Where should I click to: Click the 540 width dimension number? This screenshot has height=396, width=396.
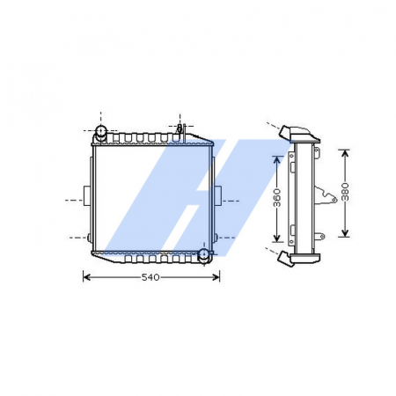[x=150, y=278]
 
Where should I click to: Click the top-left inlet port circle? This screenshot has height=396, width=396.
[x=101, y=133]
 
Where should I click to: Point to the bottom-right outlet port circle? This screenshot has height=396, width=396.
[x=204, y=255]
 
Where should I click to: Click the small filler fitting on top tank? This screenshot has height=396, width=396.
[x=180, y=130]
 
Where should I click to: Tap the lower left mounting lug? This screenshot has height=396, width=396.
[x=91, y=238]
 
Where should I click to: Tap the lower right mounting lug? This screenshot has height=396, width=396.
[x=216, y=238]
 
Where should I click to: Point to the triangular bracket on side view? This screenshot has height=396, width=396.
[x=328, y=195]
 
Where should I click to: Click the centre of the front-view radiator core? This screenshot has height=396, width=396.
[x=152, y=195]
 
